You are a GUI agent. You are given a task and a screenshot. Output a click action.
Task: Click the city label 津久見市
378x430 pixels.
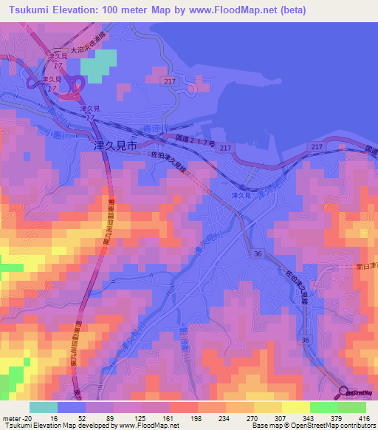pos(112,147)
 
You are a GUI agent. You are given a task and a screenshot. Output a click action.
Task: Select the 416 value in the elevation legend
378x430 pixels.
pos(365,418)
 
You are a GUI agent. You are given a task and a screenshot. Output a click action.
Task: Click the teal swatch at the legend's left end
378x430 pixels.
pos(44,407)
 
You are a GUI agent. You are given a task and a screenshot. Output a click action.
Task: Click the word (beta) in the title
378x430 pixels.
pos(291,10)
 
